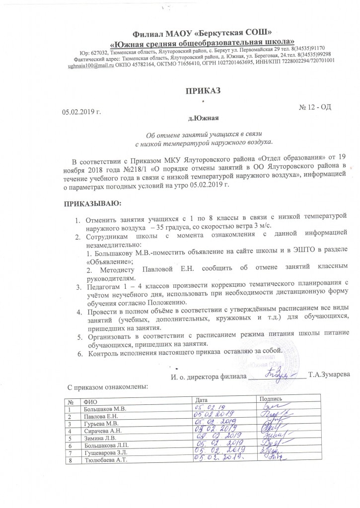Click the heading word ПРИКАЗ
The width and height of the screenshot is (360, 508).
pos(202,90)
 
